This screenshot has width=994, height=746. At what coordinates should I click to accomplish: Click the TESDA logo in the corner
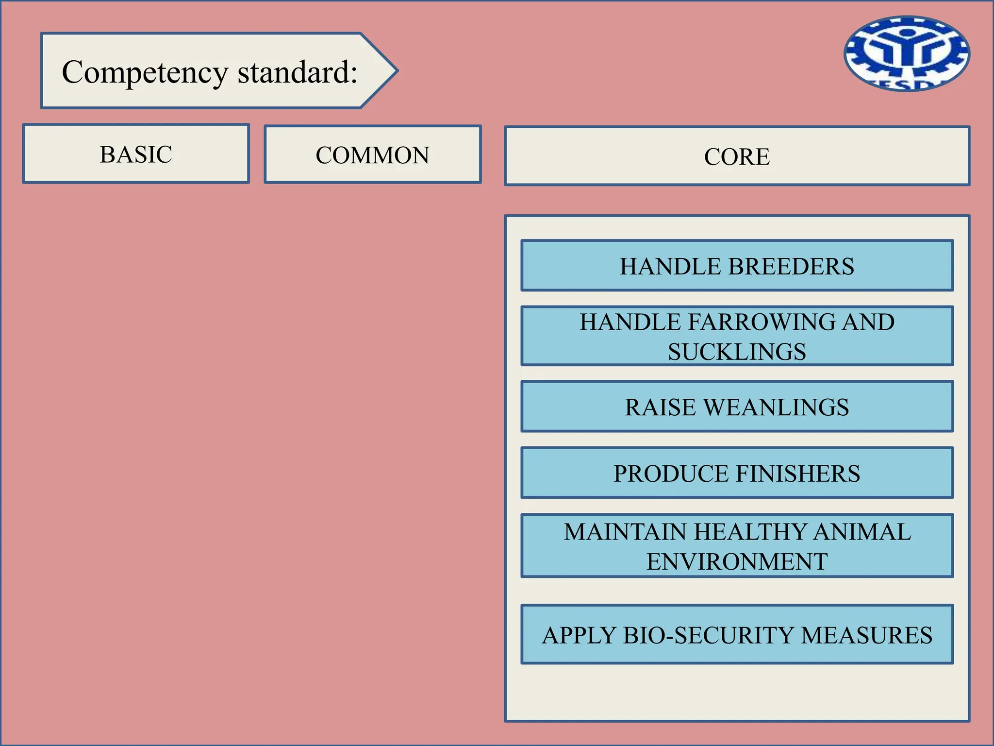click(x=907, y=54)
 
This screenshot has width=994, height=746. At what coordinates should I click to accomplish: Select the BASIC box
click(x=136, y=154)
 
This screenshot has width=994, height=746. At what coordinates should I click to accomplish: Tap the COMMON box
click(x=372, y=155)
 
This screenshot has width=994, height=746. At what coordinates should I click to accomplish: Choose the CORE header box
click(x=737, y=156)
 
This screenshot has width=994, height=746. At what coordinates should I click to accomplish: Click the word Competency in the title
click(x=145, y=72)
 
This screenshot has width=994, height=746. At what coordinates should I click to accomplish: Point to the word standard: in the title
click(x=297, y=72)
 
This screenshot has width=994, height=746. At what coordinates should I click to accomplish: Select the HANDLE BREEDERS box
click(x=737, y=266)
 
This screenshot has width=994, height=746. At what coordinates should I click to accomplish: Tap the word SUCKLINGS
click(x=737, y=352)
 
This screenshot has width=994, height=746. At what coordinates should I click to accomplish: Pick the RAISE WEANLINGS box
click(x=737, y=407)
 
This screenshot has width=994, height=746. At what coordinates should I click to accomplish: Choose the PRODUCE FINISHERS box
click(x=737, y=473)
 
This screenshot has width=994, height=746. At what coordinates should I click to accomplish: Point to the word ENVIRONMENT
click(x=737, y=561)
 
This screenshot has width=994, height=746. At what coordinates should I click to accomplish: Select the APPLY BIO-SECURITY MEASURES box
click(x=737, y=634)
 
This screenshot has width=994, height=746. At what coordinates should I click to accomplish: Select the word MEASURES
click(x=866, y=635)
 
